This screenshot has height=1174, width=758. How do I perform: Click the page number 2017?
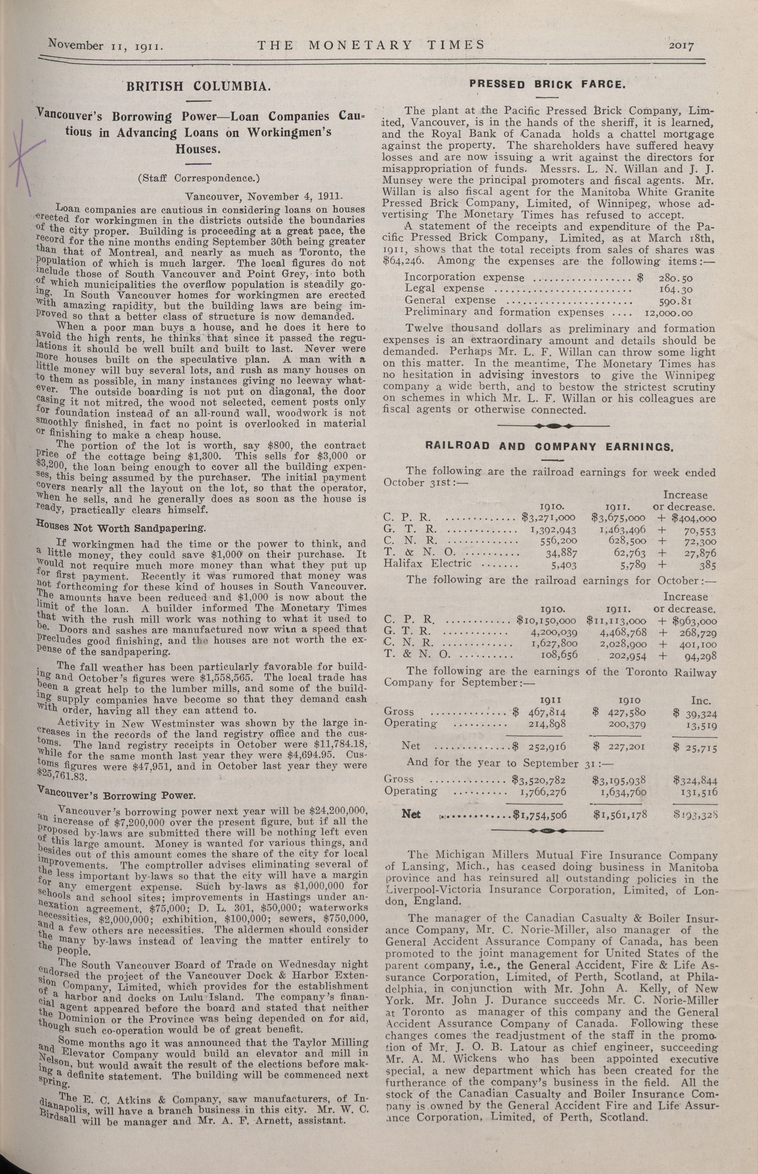[681, 46]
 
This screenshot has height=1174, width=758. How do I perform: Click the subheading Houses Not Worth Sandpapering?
[121, 528]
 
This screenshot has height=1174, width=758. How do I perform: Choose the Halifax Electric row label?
[427, 562]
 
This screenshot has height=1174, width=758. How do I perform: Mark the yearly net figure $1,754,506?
[540, 814]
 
